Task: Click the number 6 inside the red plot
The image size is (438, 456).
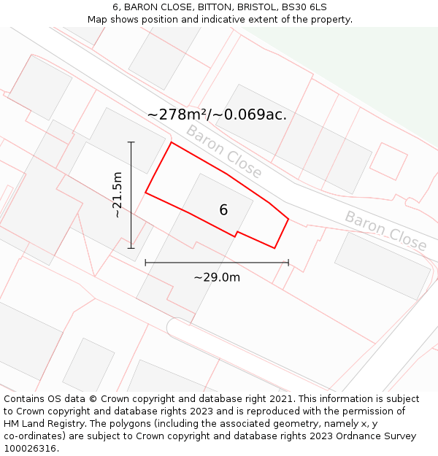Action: pos(223,210)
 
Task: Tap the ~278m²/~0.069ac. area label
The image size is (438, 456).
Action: pos(217,115)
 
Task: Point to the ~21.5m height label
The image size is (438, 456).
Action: pos(118,195)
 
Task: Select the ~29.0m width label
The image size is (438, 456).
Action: pos(217,277)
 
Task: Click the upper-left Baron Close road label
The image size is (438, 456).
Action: pos(223,152)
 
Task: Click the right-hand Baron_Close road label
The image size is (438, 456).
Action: pos(385,231)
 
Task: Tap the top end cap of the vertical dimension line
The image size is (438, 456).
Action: pos(131,142)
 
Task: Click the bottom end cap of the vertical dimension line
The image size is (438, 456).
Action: pos(131,248)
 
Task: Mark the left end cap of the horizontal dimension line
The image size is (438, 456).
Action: pos(145,263)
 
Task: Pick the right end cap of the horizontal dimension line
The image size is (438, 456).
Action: pos(288,263)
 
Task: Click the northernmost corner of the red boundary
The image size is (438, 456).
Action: pos(172,142)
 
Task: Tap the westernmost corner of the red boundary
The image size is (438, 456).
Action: pos(146,193)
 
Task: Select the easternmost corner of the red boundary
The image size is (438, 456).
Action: pos(288,218)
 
